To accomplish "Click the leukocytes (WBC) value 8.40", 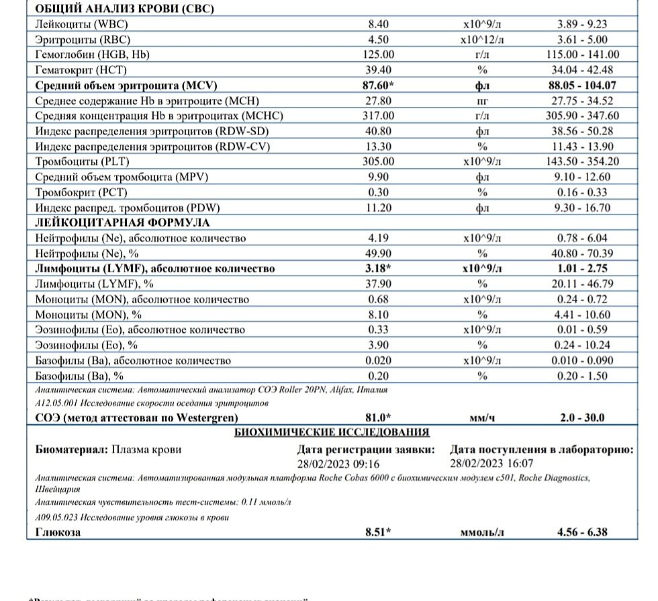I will click(379, 24).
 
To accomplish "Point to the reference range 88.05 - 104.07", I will click(582, 85).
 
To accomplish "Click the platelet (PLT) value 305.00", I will click(379, 161).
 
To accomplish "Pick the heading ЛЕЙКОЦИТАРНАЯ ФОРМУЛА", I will click(122, 223).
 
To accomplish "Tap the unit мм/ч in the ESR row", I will click(482, 417).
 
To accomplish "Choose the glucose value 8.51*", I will click(379, 532).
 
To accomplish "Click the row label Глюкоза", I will click(58, 532).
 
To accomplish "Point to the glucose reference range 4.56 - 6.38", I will click(582, 532).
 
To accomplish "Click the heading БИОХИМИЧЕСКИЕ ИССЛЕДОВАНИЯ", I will click(332, 432).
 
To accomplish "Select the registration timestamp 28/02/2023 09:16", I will click(338, 463).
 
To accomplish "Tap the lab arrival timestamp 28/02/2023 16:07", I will click(491, 463).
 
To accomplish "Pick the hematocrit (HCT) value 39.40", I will click(379, 70).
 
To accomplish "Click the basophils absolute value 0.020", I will click(379, 360).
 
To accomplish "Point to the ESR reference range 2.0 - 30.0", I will click(582, 417).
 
